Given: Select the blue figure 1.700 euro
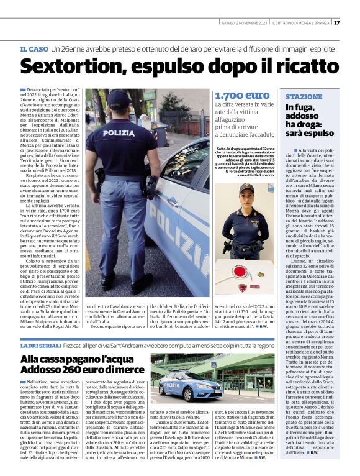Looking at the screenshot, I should [242, 96].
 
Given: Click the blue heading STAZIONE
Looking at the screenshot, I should [304, 98].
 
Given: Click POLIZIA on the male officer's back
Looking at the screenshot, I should [119, 133].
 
